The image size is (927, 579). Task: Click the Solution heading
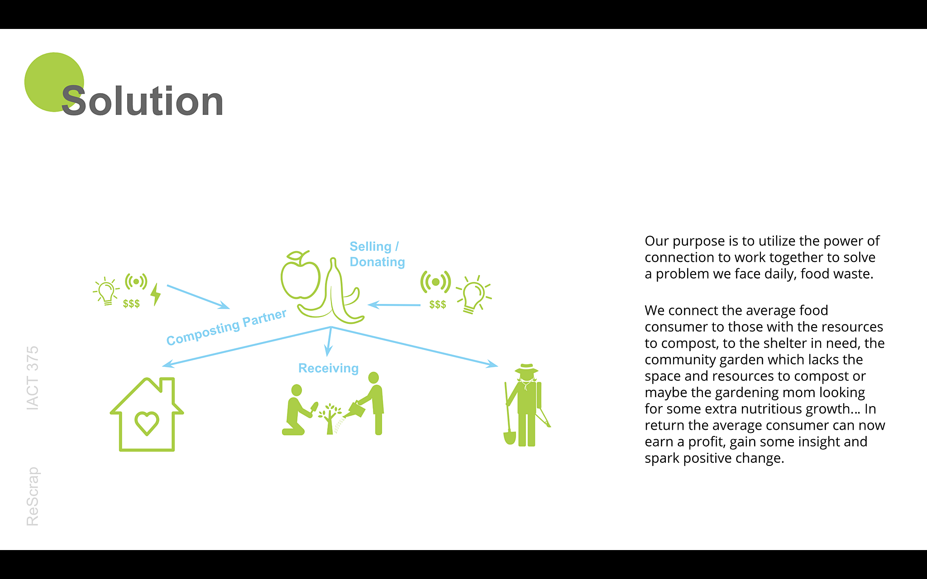pyautogui.click(x=142, y=101)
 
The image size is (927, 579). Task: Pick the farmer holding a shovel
pyautogui.click(x=526, y=405)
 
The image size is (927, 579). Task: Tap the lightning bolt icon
pyautogui.click(x=156, y=294)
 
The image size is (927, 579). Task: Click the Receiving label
pyautogui.click(x=328, y=368)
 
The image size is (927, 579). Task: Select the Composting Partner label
pyautogui.click(x=226, y=327)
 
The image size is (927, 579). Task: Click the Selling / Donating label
pyautogui.click(x=377, y=254)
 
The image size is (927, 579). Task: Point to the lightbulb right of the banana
pyautogui.click(x=473, y=294)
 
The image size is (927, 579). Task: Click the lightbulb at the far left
pyautogui.click(x=106, y=291)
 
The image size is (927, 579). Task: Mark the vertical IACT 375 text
pyautogui.click(x=33, y=378)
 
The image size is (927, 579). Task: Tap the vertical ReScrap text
pyautogui.click(x=33, y=496)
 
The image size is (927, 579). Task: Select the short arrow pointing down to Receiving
pyautogui.click(x=330, y=342)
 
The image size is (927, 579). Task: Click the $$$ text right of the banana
pyautogui.click(x=438, y=304)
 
